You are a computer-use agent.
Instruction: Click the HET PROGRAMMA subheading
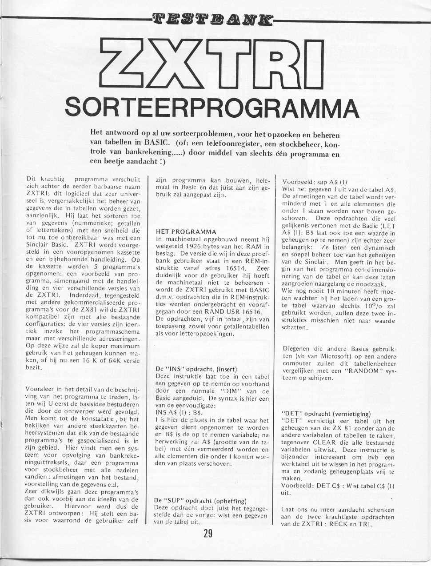[x=186, y=232]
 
